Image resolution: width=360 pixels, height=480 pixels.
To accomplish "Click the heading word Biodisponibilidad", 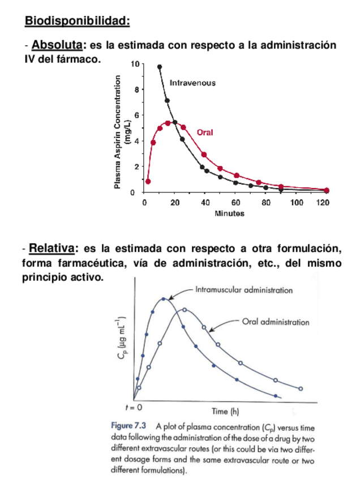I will point(77,22).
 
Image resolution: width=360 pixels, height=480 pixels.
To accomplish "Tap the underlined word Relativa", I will point(52,248).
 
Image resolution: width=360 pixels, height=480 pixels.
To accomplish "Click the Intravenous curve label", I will point(192,83).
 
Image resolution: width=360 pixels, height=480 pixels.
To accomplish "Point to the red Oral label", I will point(205,133).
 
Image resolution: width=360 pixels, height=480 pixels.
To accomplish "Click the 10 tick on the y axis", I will point(134,63).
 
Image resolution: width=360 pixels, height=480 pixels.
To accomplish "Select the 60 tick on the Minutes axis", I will point(235,202).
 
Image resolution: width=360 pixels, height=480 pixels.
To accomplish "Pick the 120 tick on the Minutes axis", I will point(323,202).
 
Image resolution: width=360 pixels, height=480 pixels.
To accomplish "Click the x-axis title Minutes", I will point(229,213).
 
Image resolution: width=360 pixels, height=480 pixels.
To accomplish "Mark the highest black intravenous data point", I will point(160,67).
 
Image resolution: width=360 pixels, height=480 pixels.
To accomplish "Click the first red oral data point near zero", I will point(148,182).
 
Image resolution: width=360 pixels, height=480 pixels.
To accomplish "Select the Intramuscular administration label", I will point(244,290).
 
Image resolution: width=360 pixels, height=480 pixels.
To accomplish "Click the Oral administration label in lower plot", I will point(276,322).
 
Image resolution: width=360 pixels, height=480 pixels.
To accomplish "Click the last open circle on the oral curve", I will point(301,388).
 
